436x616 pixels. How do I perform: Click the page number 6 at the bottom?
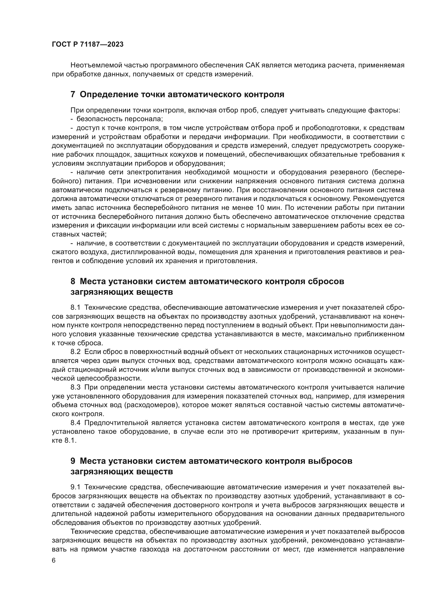[x=54, y=560]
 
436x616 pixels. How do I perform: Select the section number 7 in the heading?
[x=73, y=95]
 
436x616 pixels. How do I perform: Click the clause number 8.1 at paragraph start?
[x=75, y=307]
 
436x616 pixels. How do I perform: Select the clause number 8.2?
[x=75, y=352]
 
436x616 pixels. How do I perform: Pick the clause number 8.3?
[x=75, y=387]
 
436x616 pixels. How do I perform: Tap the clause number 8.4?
[x=75, y=423]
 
